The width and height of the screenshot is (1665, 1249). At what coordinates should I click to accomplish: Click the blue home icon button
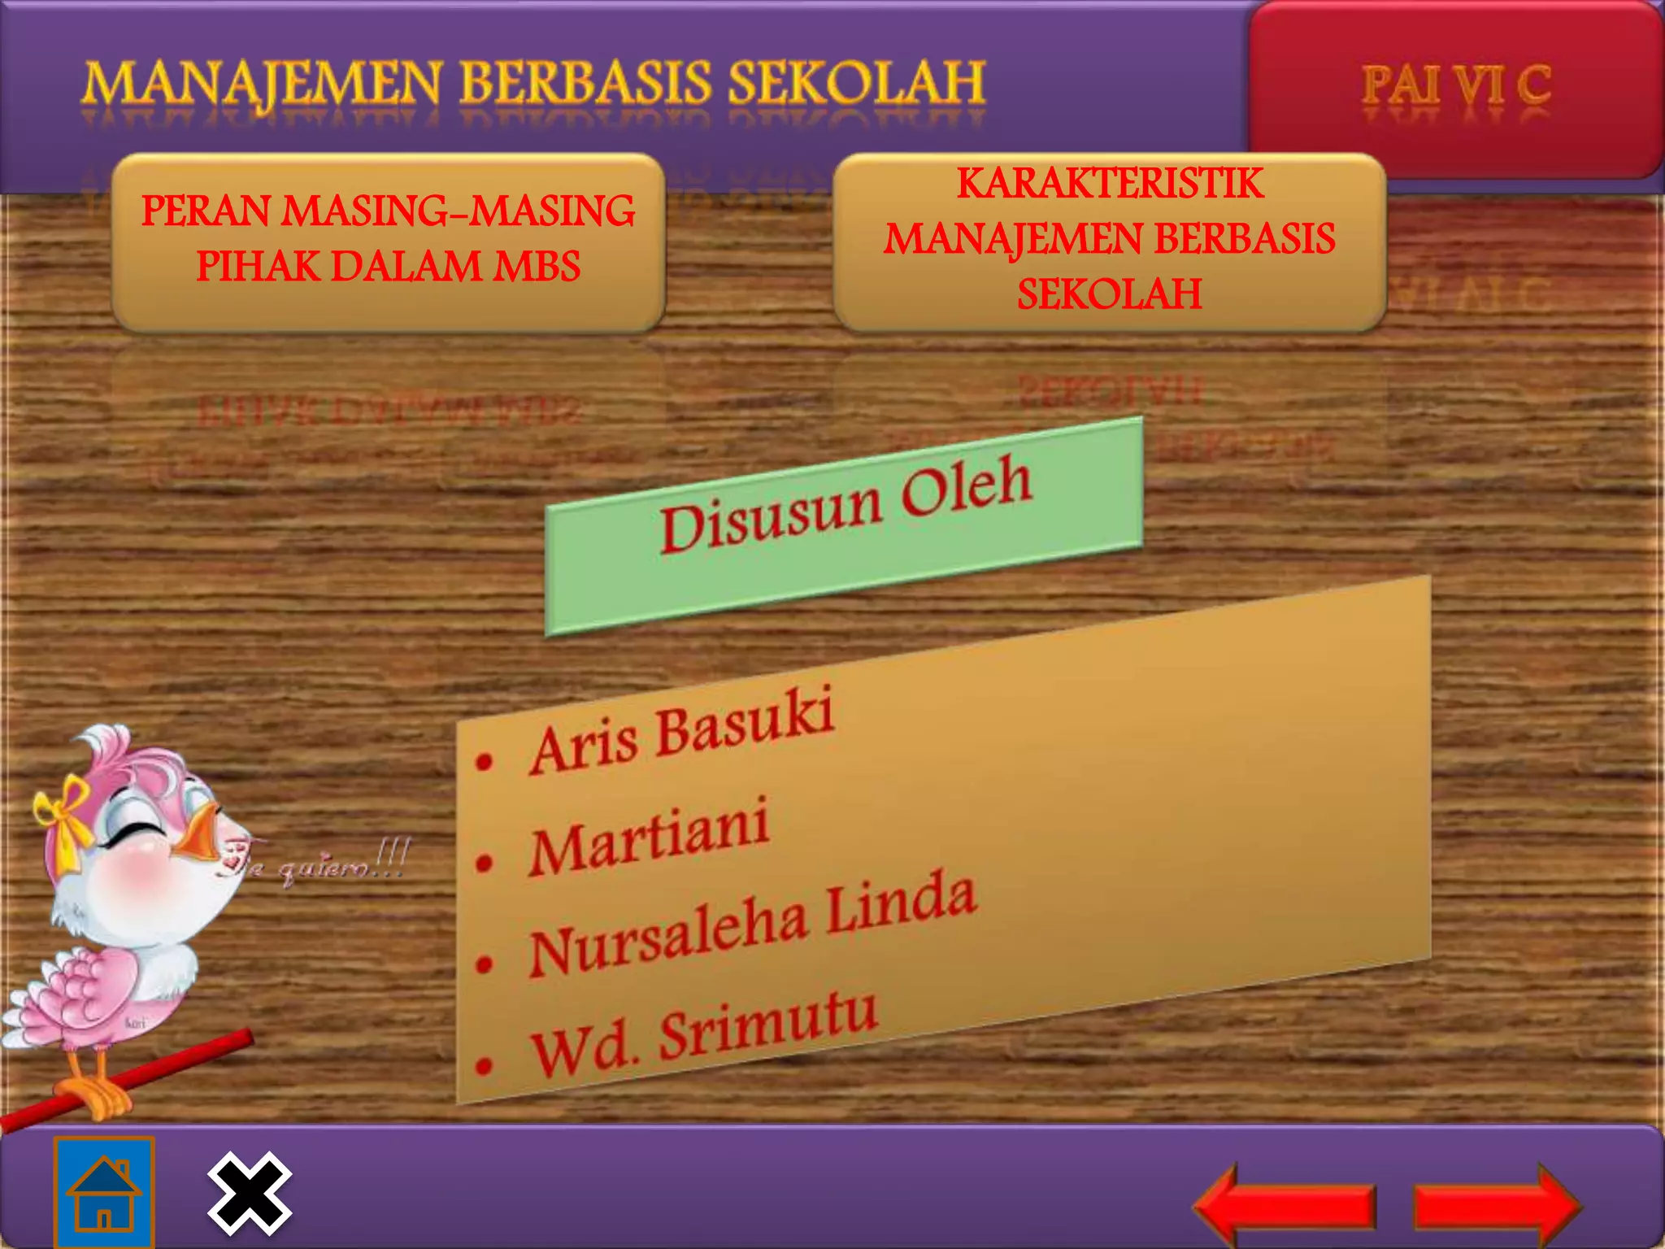click(x=104, y=1192)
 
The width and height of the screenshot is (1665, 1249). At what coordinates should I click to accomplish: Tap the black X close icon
click(x=249, y=1193)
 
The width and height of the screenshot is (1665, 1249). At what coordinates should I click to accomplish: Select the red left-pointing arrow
click(x=1285, y=1205)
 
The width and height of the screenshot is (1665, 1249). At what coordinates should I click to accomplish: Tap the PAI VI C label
click(x=1456, y=86)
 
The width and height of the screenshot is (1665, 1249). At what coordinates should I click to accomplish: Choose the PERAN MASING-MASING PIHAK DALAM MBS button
click(x=389, y=239)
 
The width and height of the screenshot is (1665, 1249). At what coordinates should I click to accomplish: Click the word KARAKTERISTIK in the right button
click(x=1110, y=184)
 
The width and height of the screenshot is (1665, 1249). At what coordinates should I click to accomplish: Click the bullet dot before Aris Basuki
click(x=485, y=762)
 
